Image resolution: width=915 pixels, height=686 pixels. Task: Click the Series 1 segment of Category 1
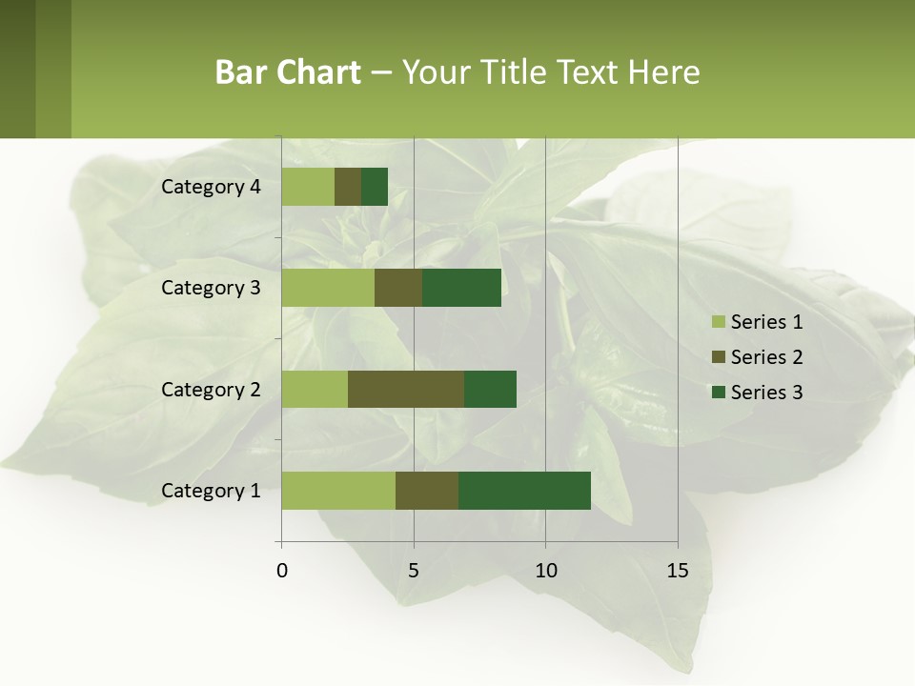click(338, 491)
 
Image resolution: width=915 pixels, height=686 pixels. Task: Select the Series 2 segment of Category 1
click(427, 491)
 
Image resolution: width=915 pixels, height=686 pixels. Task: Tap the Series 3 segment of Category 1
click(524, 491)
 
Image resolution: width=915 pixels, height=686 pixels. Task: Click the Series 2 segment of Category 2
click(406, 389)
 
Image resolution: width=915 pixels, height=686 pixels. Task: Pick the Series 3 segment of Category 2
click(490, 389)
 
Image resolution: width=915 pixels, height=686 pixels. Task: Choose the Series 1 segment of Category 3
click(328, 288)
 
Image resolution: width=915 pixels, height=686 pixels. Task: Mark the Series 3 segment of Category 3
click(461, 288)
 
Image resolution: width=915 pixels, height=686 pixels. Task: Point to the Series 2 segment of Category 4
click(348, 187)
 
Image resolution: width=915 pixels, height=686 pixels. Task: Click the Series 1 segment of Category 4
click(308, 187)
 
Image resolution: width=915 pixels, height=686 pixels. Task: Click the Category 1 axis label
click(211, 491)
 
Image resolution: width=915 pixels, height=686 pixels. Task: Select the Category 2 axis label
click(211, 389)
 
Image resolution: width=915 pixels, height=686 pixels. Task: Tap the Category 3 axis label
click(211, 288)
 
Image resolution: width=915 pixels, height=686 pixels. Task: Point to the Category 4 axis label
click(211, 187)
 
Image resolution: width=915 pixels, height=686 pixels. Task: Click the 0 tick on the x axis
click(282, 571)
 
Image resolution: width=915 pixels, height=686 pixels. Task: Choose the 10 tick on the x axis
click(545, 571)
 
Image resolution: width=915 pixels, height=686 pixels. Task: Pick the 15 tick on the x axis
click(678, 571)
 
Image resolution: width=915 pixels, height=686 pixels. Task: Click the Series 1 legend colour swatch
click(718, 322)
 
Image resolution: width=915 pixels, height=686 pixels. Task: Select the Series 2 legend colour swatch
click(718, 357)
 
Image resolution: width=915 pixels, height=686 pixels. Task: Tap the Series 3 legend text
click(766, 393)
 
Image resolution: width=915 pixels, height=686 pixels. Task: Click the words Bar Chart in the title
click(288, 72)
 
